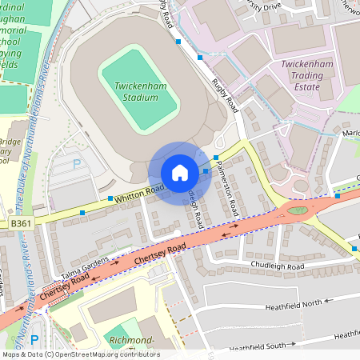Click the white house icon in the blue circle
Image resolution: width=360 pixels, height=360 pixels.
click(179, 173)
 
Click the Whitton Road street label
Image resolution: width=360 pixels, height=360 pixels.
click(138, 191)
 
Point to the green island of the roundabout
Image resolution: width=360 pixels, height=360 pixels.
click(298, 210)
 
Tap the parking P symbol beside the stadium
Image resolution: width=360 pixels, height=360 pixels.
click(78, 164)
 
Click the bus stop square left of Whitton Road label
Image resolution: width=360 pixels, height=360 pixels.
click(110, 198)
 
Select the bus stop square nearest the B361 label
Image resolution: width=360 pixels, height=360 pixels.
click(82, 213)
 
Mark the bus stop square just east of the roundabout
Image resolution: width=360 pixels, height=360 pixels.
click(338, 195)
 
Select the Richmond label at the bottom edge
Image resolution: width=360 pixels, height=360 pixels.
click(133, 342)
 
